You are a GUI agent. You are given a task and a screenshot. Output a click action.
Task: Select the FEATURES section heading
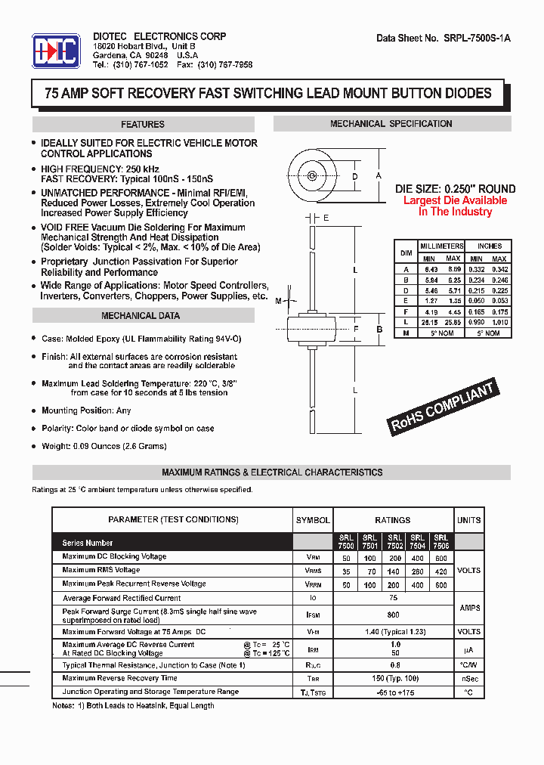pos(143,125)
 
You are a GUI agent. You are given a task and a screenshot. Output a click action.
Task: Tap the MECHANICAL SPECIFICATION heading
pos(391,124)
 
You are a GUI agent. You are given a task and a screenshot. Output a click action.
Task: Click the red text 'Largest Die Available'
pos(455,200)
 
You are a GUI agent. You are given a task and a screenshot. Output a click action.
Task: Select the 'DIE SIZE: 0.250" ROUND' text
pos(456,189)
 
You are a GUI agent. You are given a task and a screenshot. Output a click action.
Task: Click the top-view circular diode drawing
pos(311,176)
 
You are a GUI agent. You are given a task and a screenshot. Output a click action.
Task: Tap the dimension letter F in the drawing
pos(355,329)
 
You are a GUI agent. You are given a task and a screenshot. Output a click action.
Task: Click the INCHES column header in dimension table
pos(489,246)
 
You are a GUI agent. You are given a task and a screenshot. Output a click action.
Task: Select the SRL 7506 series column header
pos(441,541)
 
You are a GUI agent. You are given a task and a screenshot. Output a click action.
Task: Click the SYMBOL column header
pos(313,520)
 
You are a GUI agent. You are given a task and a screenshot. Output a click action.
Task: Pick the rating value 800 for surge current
pos(393,615)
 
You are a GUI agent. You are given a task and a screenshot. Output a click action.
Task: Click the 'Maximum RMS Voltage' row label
pos(101,570)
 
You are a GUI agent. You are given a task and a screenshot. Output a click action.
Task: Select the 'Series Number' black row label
pos(88,543)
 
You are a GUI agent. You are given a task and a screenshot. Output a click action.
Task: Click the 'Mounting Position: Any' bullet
pos(86,410)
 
